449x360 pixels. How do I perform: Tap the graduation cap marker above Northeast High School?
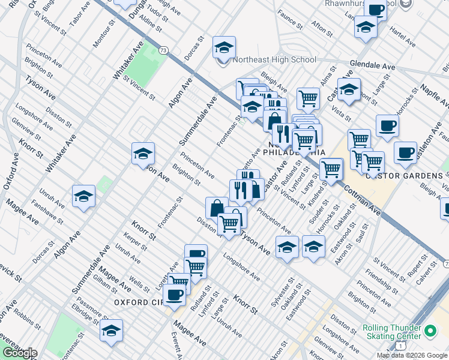[224, 47]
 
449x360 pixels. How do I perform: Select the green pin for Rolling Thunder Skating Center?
[430, 331]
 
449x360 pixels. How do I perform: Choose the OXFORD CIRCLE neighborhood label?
[139, 302]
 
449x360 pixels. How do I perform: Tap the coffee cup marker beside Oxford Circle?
[175, 295]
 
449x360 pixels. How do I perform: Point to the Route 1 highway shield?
[400, 347]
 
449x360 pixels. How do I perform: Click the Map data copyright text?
[412, 355]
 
